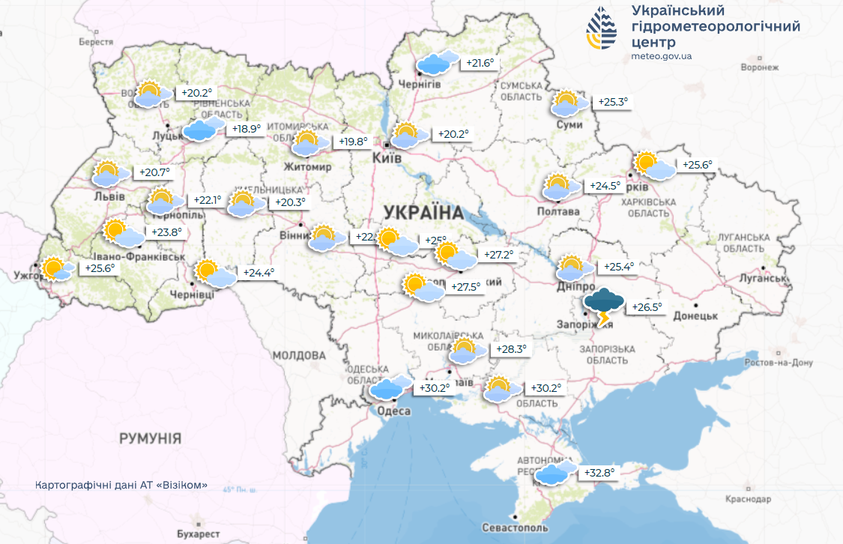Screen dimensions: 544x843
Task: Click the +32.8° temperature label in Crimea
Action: coord(599,473)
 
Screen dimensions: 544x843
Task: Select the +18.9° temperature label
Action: coord(247,129)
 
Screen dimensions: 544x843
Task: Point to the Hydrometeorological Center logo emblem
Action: coord(602,29)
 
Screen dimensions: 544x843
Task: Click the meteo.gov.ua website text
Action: coord(661,56)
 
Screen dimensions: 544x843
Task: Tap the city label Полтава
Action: coord(558,211)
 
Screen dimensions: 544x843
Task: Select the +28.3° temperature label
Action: coord(511,349)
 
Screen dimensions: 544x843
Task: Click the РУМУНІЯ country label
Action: coord(150,438)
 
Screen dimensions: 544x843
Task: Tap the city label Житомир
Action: coord(307,167)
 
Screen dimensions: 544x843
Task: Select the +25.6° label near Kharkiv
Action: coord(697,165)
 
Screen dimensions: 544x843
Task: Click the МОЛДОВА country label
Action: coord(299,354)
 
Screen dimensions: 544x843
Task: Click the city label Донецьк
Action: coord(695,315)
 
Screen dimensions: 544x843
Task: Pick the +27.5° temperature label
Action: coord(465,286)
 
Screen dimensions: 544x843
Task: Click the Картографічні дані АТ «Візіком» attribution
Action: coord(121,485)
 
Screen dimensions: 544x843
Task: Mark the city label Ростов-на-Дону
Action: coord(779,363)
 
